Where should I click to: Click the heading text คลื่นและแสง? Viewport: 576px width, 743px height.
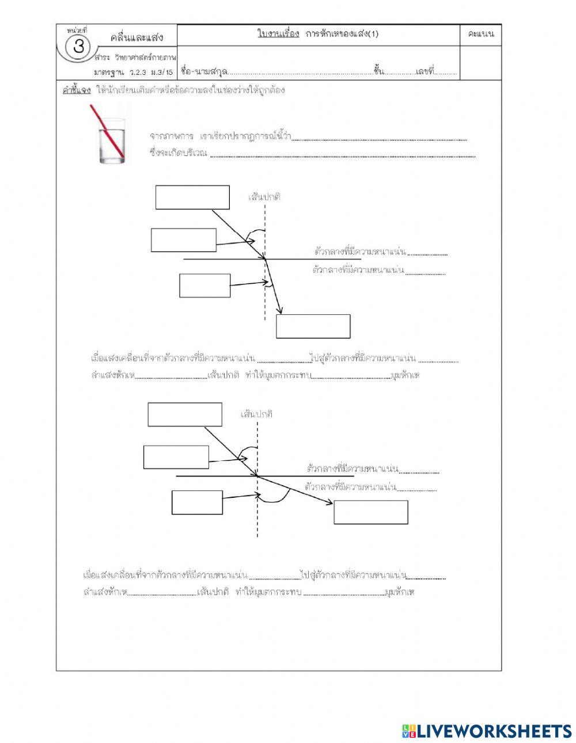pyautogui.click(x=137, y=38)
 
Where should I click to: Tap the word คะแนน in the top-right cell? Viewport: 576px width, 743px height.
pyautogui.click(x=481, y=35)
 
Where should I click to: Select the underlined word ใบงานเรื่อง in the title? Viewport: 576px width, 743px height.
pyautogui.click(x=278, y=34)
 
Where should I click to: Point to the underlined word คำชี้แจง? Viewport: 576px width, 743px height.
pyautogui.click(x=76, y=91)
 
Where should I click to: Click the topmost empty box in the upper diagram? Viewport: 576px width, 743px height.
pyautogui.click(x=192, y=197)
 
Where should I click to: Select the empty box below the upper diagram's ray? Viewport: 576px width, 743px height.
pyautogui.click(x=313, y=326)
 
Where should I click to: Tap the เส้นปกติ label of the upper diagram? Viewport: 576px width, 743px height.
pyautogui.click(x=264, y=197)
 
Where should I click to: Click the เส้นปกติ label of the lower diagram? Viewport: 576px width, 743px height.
pyautogui.click(x=257, y=414)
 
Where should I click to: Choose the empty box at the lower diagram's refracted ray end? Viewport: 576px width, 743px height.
pyautogui.click(x=371, y=512)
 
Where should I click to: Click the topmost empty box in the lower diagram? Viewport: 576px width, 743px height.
pyautogui.click(x=185, y=414)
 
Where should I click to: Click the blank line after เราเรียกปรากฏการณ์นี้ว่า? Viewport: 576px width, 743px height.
pyautogui.click(x=380, y=138)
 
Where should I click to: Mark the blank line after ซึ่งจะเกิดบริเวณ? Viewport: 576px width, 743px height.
pyautogui.click(x=343, y=155)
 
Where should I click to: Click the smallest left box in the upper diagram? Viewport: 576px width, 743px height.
pyautogui.click(x=205, y=285)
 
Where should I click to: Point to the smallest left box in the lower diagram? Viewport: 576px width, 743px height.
pyautogui.click(x=197, y=502)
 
